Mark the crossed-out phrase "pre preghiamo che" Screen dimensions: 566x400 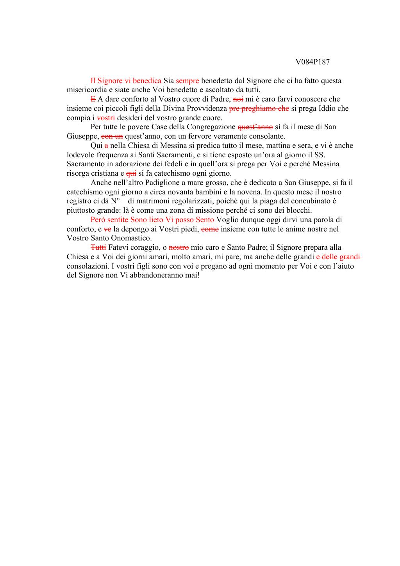coord(259,109)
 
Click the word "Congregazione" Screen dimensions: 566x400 coord(211,127)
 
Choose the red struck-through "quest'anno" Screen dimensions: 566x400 coord(255,127)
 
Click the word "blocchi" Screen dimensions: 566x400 coord(298,210)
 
